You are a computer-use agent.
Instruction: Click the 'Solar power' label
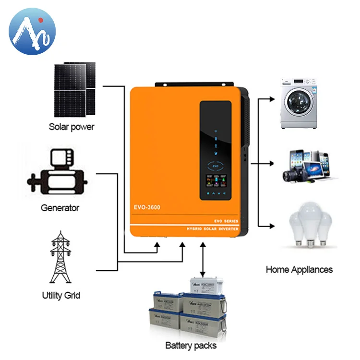(x=72, y=127)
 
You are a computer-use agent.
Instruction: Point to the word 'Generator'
(x=60, y=208)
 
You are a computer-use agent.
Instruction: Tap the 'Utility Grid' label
(x=61, y=295)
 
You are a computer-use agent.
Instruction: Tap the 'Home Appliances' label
(x=299, y=269)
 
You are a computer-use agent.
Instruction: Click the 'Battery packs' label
(x=191, y=345)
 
